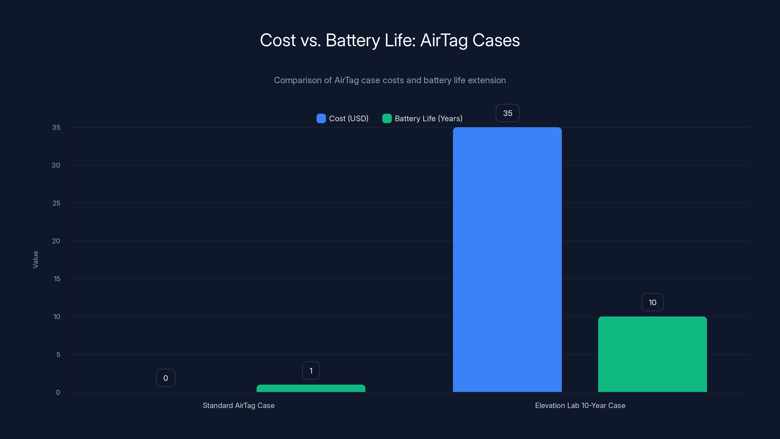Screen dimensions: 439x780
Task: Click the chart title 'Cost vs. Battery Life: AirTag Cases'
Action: tap(390, 40)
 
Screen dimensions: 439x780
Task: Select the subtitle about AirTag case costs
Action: tap(390, 80)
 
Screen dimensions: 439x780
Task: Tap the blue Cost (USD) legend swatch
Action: tap(321, 119)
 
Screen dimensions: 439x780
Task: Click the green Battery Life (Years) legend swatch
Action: tap(387, 119)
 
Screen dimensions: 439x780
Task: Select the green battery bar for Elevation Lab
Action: tap(652, 354)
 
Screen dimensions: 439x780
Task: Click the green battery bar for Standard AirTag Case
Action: tap(311, 389)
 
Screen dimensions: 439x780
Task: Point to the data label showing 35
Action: tap(507, 113)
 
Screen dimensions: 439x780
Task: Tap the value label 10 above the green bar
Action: tap(653, 302)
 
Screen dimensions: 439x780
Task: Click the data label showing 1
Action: tap(311, 370)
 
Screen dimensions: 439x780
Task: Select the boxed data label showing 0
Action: tap(166, 378)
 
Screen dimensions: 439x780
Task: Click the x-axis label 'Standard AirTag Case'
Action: tap(239, 405)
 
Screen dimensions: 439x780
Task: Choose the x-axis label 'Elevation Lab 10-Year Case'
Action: tap(580, 405)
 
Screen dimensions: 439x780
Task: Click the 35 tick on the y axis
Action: tap(56, 127)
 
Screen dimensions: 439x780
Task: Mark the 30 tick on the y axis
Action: tap(56, 165)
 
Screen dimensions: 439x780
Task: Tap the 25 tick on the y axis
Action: tap(56, 203)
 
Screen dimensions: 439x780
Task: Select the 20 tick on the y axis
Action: tap(56, 241)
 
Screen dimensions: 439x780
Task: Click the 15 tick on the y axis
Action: tap(57, 279)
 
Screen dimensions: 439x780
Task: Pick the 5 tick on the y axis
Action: tap(58, 354)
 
